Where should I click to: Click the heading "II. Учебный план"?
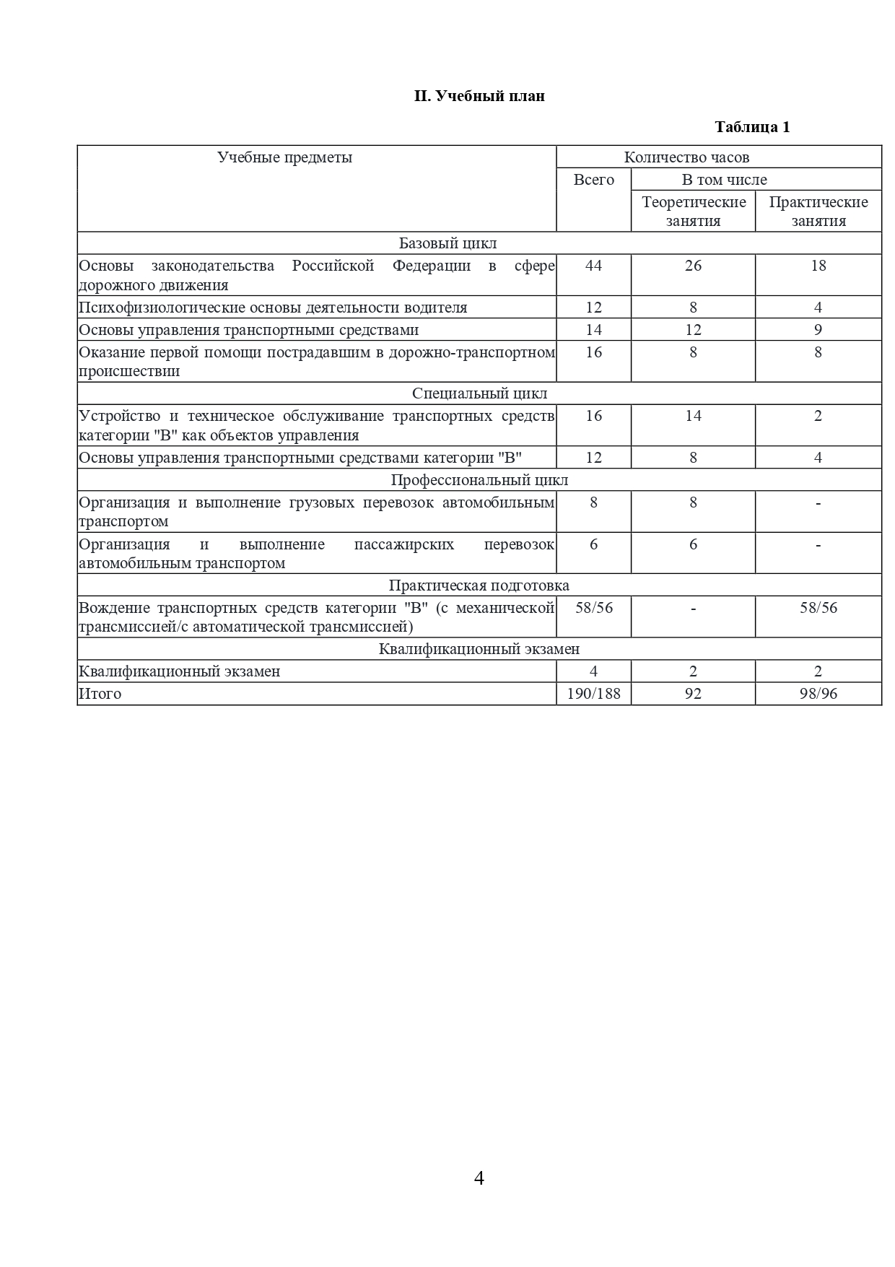pos(479,96)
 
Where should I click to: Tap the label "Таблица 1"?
pos(752,127)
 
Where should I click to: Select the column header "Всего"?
pos(593,180)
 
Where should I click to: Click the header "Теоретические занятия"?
pos(693,212)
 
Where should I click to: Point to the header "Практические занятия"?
pos(818,212)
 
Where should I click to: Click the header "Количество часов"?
pos(686,157)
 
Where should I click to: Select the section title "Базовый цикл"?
pos(447,243)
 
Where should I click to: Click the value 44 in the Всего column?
pos(593,266)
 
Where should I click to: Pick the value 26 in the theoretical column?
pos(693,266)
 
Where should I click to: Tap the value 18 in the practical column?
pos(818,266)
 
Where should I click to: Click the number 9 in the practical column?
pos(818,330)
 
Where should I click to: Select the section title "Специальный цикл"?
pos(479,393)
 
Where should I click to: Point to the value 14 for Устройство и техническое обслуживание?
pos(693,416)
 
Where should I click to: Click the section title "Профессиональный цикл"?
pos(479,480)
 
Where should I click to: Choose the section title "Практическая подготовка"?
pos(479,585)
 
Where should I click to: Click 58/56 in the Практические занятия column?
pos(818,608)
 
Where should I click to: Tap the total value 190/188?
pos(593,694)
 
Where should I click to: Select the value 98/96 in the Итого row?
pos(818,694)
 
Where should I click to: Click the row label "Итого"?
pos(100,694)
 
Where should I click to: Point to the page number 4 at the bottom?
pos(479,1179)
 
